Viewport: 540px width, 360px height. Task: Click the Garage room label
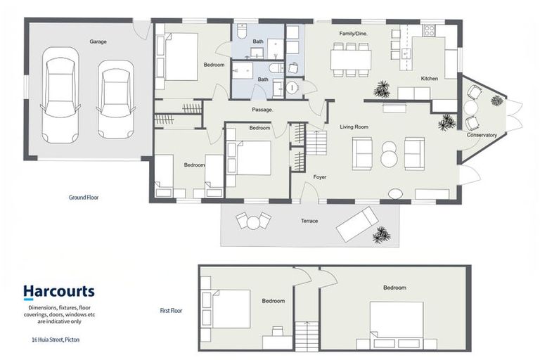pos(98,41)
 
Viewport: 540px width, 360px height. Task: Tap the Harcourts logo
pos(59,291)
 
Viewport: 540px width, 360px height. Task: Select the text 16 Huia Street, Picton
pos(56,340)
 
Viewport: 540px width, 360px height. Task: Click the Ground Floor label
pos(84,198)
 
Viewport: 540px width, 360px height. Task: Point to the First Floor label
pos(171,310)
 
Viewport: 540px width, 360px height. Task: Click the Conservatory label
pos(482,135)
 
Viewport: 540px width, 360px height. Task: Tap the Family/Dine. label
pos(354,34)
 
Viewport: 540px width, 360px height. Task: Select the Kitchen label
pos(430,79)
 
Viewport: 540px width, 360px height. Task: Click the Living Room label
pos(354,127)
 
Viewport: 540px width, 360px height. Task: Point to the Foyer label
pos(320,177)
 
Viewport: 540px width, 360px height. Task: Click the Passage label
pos(262,110)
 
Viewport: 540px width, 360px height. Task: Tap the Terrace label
pos(309,221)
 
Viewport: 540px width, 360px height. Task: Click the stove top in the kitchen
pos(429,30)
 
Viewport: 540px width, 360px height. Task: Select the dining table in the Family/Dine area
pos(351,60)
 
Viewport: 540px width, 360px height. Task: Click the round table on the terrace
pos(253,222)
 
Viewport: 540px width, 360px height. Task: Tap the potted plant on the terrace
pos(381,235)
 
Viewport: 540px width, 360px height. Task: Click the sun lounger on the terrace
pos(357,224)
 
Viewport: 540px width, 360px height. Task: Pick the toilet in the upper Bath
pos(243,31)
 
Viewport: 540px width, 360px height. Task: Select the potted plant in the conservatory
pos(497,101)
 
